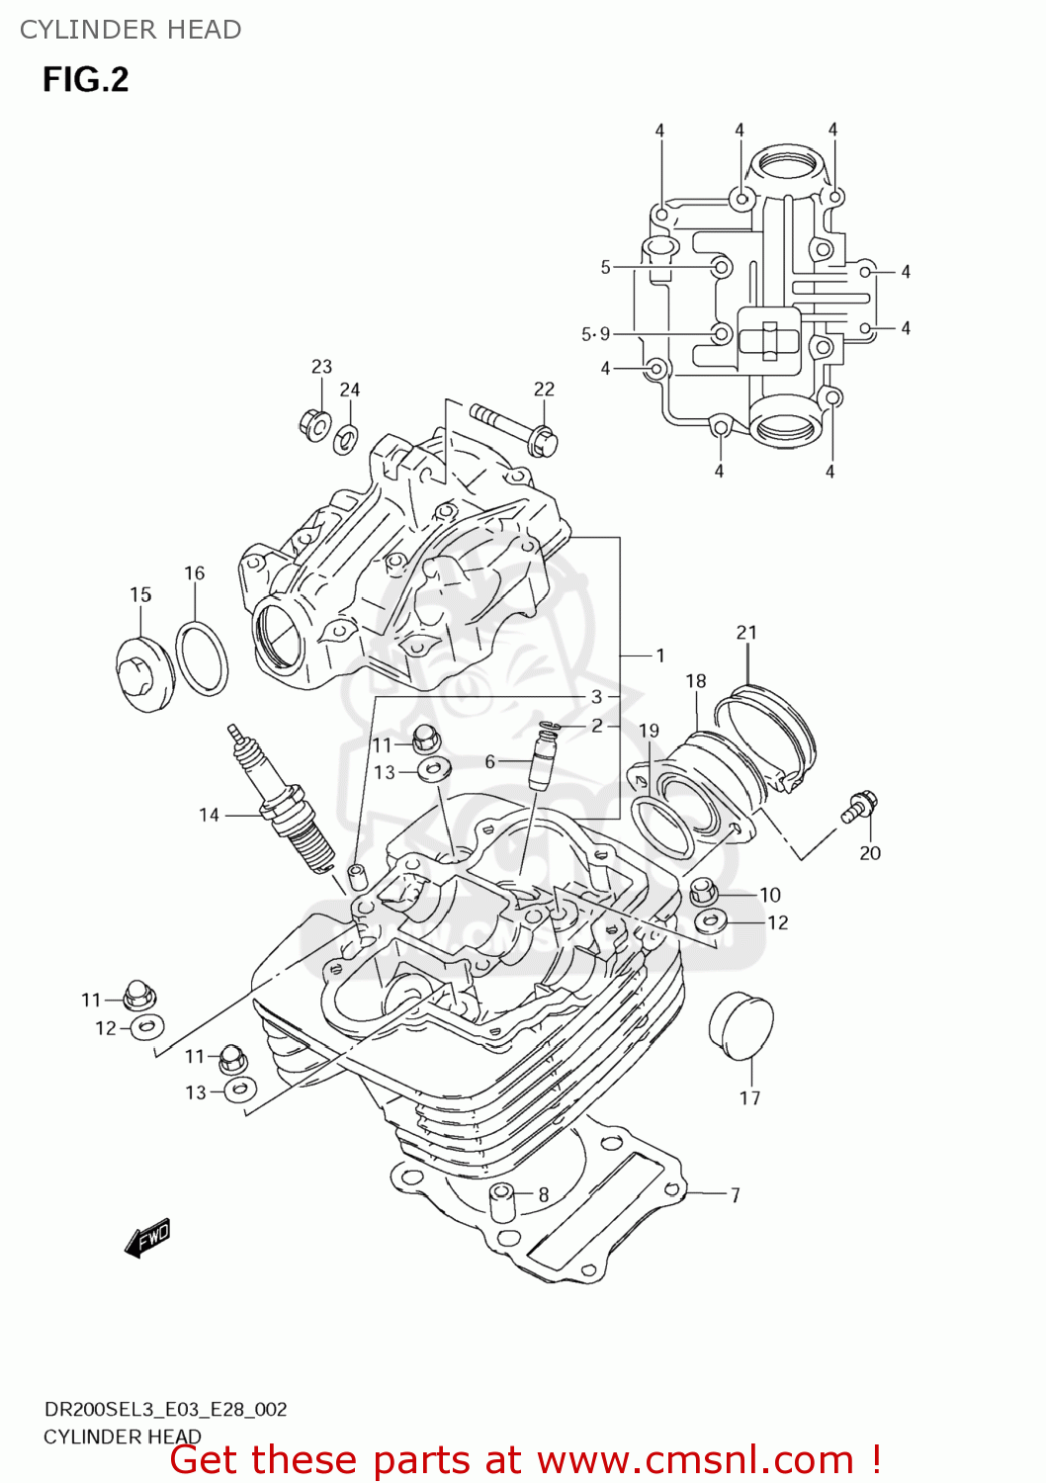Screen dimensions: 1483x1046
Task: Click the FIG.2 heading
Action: click(x=85, y=80)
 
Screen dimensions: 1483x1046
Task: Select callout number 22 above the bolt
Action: click(x=544, y=390)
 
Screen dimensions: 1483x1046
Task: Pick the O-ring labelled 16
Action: click(x=202, y=658)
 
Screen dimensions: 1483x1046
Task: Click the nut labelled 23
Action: click(x=314, y=424)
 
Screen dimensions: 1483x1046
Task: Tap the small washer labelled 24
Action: click(x=346, y=437)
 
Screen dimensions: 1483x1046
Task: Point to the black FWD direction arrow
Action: click(x=148, y=1237)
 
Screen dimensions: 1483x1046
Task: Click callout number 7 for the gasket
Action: click(x=735, y=1194)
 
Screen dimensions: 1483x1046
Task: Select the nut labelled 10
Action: click(x=702, y=891)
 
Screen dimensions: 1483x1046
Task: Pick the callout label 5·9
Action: click(x=595, y=334)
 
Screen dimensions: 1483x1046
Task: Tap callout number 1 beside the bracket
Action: click(x=659, y=655)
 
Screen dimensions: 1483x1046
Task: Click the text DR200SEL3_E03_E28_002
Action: click(x=165, y=1409)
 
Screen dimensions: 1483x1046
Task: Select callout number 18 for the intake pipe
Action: click(x=696, y=681)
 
